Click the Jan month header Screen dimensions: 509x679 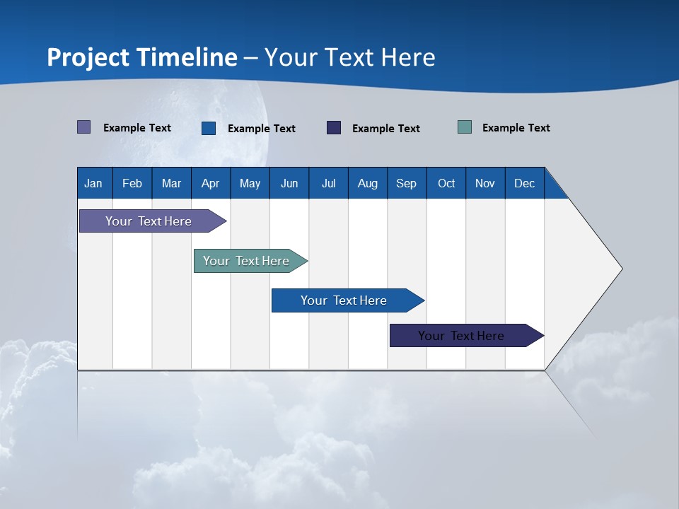tap(94, 183)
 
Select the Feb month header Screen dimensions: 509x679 tap(132, 183)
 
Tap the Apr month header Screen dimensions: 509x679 tap(210, 183)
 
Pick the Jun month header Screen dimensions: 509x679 tap(289, 183)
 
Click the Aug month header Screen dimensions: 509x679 tap(367, 183)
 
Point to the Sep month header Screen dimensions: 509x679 tap(406, 183)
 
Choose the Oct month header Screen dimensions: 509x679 tap(446, 183)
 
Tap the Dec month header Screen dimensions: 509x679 tap(524, 183)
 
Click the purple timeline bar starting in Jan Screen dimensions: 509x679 tap(149, 221)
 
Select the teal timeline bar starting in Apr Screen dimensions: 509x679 tap(246, 261)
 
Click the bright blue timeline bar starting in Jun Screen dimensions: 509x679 tap(344, 300)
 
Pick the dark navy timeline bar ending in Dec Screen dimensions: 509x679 tap(461, 336)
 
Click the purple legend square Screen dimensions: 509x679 tap(83, 127)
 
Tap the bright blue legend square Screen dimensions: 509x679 tap(209, 128)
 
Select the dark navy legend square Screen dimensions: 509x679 tap(334, 128)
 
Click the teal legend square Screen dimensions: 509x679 tap(465, 127)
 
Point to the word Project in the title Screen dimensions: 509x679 tap(88, 57)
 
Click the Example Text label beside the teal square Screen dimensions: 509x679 tap(516, 128)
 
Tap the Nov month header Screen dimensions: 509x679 tap(485, 183)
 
